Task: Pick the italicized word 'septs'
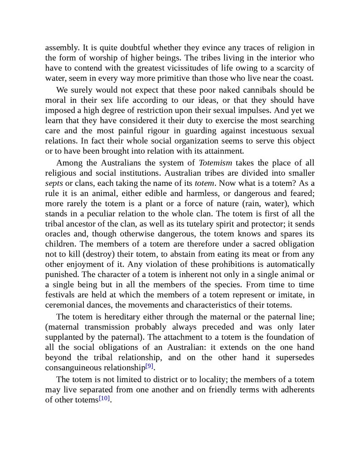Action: pos(54,183)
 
